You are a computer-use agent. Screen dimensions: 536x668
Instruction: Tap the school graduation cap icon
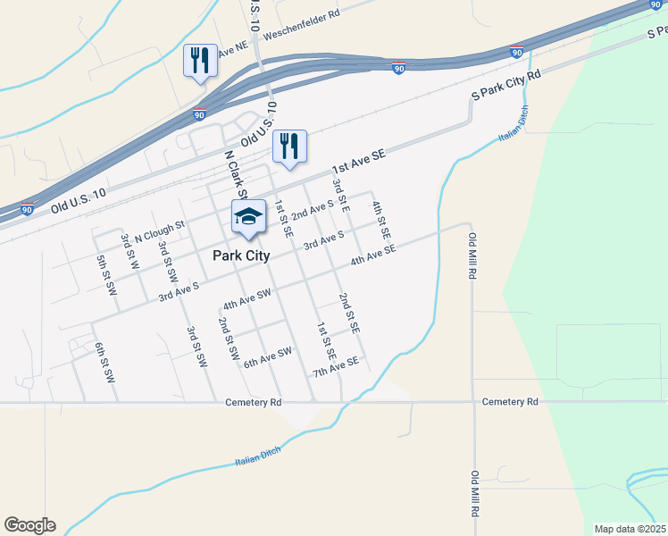249,217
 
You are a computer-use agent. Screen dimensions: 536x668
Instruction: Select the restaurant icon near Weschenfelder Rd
199,61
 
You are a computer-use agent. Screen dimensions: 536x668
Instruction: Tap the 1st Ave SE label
357,162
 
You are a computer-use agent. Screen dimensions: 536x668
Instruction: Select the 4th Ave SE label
372,256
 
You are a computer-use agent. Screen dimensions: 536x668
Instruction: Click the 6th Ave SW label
268,357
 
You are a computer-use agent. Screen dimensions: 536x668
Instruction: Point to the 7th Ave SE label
335,366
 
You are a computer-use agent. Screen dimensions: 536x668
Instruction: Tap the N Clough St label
158,231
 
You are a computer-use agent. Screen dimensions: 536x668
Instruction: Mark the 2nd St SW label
229,338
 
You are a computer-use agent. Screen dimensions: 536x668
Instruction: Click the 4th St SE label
381,219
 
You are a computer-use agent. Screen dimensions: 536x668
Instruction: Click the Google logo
29,525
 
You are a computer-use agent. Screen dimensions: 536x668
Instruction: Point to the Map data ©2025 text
630,529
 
